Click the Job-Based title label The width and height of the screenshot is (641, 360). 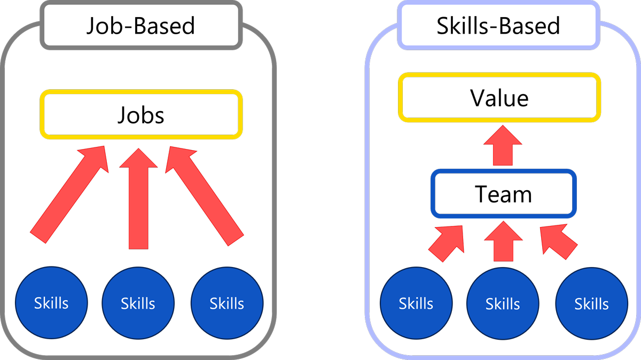[x=141, y=26]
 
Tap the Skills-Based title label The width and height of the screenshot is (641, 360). [x=498, y=26]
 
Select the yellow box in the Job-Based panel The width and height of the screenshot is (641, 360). [x=142, y=115]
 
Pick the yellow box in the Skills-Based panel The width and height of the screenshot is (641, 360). [x=499, y=98]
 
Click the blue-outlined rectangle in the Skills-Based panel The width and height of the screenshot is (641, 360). [x=504, y=193]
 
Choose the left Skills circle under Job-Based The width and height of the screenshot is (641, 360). [x=51, y=303]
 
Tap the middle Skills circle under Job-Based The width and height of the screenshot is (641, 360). [x=138, y=303]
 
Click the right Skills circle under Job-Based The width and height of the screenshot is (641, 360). [x=226, y=303]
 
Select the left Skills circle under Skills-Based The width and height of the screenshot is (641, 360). [x=416, y=303]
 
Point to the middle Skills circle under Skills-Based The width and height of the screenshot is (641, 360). [x=503, y=303]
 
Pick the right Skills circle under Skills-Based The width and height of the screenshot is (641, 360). [x=591, y=303]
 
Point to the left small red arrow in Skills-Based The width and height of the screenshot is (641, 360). [x=447, y=242]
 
